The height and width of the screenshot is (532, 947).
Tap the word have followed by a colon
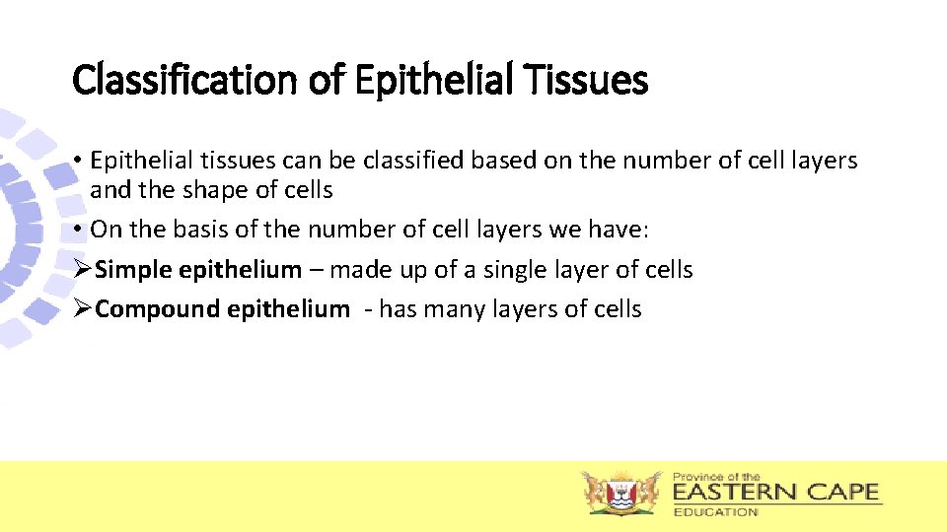620,230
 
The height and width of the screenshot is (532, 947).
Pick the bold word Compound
158,309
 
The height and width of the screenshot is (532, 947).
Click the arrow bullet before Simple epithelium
83,269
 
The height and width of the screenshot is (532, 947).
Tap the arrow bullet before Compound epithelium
83,309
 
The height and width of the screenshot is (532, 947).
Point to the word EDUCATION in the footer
715,511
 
